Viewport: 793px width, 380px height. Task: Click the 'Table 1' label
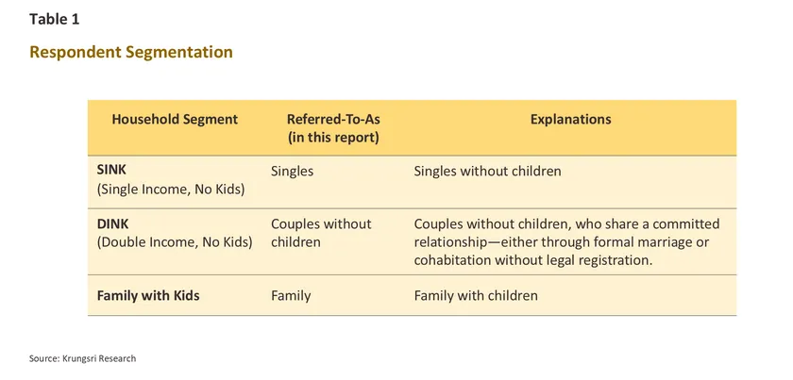pos(55,19)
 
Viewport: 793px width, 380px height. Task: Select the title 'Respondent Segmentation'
pos(131,52)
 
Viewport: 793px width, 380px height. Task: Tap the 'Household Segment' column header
pos(175,120)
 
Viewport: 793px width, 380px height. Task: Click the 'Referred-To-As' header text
pos(333,120)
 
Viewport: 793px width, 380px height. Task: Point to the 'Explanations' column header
pos(570,120)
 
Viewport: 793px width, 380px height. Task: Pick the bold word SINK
pos(110,171)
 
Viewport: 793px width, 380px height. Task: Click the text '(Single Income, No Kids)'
pos(171,190)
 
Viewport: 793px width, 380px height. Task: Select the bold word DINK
pos(111,223)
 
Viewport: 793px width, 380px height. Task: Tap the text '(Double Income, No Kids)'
pos(175,242)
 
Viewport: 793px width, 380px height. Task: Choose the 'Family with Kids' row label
pos(148,296)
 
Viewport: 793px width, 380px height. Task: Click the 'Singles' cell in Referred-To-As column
pos(293,172)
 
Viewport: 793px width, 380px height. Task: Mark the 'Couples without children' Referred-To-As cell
pos(321,233)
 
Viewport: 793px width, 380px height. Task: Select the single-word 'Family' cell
pos(291,296)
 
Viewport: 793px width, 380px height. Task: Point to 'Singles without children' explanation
pos(487,172)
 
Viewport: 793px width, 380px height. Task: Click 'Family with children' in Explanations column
pos(476,296)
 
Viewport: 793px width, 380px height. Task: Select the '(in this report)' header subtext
pos(333,138)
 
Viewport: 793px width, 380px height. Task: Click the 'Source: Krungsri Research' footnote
pos(82,358)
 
